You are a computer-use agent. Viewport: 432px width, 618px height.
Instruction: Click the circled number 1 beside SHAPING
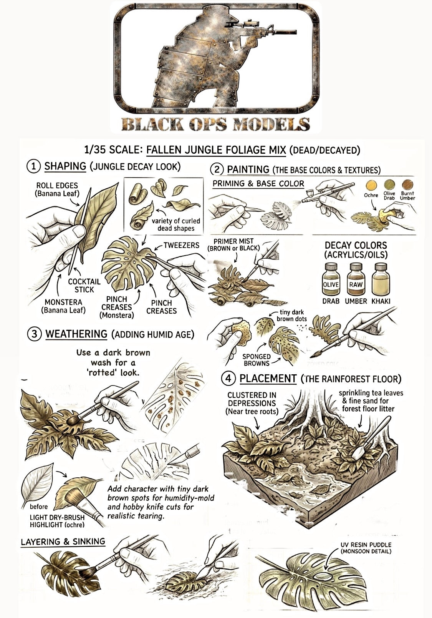34,166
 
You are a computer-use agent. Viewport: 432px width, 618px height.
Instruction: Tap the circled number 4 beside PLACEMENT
228,379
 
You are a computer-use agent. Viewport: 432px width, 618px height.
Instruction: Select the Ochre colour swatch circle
371,184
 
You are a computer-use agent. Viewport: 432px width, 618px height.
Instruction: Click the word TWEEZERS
181,245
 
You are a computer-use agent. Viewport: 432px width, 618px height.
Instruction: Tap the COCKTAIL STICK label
84,286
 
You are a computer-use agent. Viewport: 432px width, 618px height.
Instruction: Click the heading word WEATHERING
76,334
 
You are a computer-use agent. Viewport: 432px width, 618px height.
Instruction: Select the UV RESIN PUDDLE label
366,548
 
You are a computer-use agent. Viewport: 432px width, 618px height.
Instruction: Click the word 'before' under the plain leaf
39,507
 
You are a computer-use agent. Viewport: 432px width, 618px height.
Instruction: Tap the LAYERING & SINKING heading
63,542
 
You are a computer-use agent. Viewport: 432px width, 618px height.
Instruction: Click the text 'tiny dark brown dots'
291,316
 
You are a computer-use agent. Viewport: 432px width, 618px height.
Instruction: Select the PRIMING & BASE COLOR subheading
258,184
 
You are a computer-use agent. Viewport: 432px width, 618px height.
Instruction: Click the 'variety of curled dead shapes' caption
176,224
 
